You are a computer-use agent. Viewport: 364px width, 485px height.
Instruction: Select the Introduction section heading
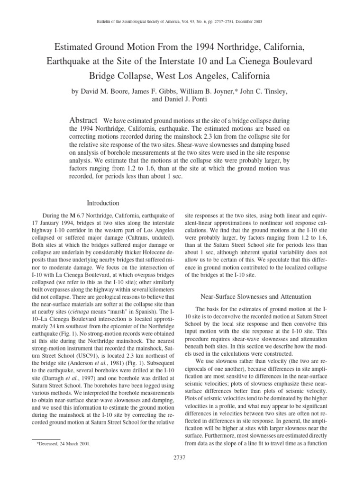[x=103, y=203]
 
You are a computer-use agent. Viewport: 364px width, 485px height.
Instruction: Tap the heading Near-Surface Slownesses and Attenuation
[x=256, y=296]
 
